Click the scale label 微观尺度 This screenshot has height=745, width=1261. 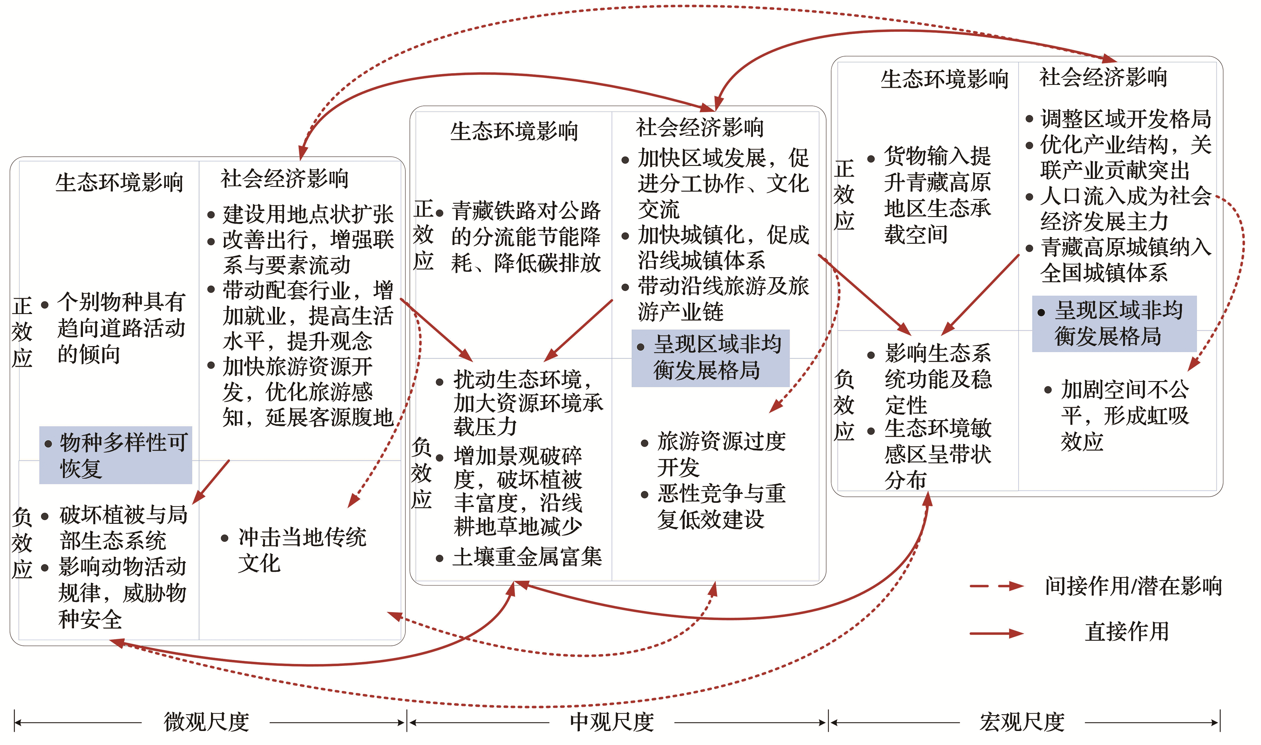pos(206,722)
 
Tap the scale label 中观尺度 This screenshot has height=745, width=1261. pos(612,722)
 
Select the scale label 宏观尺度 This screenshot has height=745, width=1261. pos(1022,722)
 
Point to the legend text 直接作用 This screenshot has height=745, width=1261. pos(1127,632)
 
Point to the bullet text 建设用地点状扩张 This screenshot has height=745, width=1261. pos(301,214)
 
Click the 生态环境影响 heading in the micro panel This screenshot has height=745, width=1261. pos(119,182)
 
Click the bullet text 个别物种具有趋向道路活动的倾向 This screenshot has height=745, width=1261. pos(114,328)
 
